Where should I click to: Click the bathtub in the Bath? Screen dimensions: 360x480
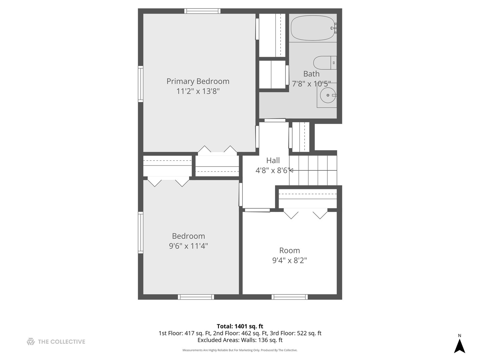click(312, 28)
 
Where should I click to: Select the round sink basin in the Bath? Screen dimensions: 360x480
click(327, 95)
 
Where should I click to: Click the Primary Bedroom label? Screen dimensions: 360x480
click(198, 81)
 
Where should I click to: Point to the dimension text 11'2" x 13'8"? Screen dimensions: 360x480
click(198, 91)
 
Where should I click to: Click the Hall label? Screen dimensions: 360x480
click(273, 160)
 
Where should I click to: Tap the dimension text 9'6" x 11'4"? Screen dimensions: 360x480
click(188, 246)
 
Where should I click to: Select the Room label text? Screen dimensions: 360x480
click(289, 250)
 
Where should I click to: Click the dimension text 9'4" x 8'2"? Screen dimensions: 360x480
click(289, 260)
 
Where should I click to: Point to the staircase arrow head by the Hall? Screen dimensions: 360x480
click(291, 170)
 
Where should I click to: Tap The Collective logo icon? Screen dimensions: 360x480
click(31, 342)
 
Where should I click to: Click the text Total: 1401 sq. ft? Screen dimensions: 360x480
click(240, 326)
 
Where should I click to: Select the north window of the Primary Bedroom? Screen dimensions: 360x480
click(202, 11)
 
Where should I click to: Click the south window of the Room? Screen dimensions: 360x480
click(289, 297)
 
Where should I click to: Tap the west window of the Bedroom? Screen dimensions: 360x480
click(141, 232)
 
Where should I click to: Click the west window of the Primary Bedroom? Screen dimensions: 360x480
click(141, 84)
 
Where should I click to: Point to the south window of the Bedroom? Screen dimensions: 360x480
click(196, 297)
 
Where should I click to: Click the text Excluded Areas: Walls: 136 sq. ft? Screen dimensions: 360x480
click(240, 340)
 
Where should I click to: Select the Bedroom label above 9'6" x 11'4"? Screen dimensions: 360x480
click(188, 236)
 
